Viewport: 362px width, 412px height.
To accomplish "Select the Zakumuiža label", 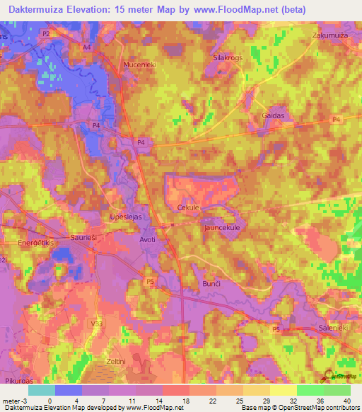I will pos(332,35).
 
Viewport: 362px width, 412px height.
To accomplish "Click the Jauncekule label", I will pos(223,228).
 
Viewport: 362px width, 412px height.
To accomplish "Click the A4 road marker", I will pos(87,47).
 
